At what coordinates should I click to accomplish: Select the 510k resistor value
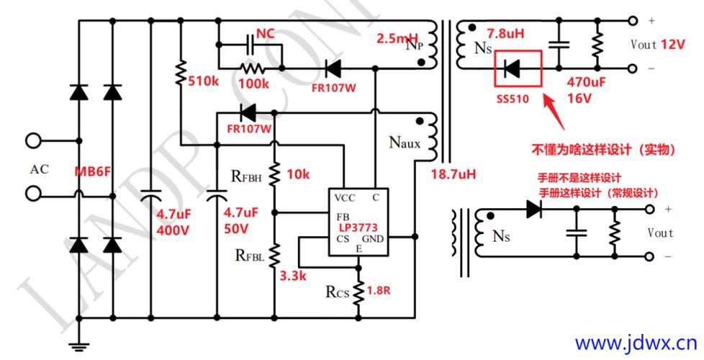[204, 81]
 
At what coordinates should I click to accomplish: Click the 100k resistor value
[254, 84]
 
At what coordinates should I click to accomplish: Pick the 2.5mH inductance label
[395, 38]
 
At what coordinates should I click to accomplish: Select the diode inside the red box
[512, 69]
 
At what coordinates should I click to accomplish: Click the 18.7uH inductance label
[454, 174]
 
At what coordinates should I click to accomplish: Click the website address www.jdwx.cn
[636, 340]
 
